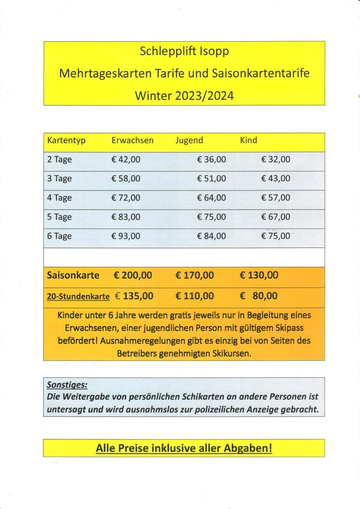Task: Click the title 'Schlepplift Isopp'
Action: click(184, 51)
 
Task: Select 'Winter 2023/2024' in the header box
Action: click(184, 96)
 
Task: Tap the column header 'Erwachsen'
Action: click(132, 141)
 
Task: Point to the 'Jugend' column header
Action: click(189, 141)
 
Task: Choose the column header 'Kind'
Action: click(249, 141)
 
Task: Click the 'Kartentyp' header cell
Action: click(66, 141)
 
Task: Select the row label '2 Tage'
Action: click(59, 160)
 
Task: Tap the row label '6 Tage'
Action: click(59, 236)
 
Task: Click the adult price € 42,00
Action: click(126, 160)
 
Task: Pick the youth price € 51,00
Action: click(211, 178)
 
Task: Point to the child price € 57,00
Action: click(275, 198)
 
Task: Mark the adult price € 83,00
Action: click(126, 217)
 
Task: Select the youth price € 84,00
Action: click(211, 236)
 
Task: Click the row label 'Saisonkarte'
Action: click(73, 275)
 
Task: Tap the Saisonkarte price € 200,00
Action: click(133, 275)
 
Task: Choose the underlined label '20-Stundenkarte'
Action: click(78, 297)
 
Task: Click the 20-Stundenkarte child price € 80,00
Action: click(259, 296)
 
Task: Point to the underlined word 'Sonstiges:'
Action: click(67, 385)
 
